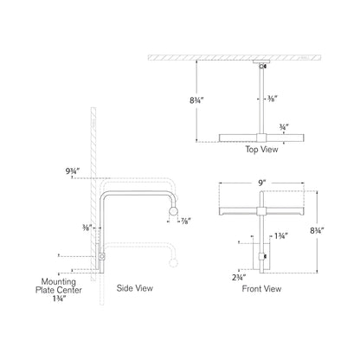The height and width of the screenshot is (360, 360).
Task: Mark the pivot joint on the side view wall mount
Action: pyautogui.click(x=103, y=257)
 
